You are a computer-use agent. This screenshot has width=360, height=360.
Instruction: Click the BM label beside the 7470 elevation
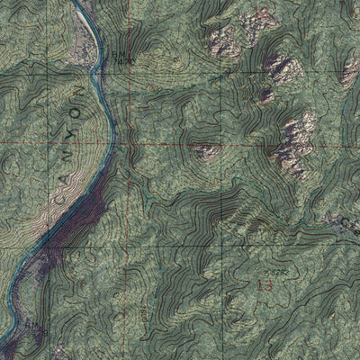(x=118, y=54)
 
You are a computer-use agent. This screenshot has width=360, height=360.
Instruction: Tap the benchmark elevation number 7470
(x=124, y=62)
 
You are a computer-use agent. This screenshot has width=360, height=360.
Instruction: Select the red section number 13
(x=264, y=284)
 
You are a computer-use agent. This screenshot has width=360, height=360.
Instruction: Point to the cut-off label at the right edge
(x=353, y=221)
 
